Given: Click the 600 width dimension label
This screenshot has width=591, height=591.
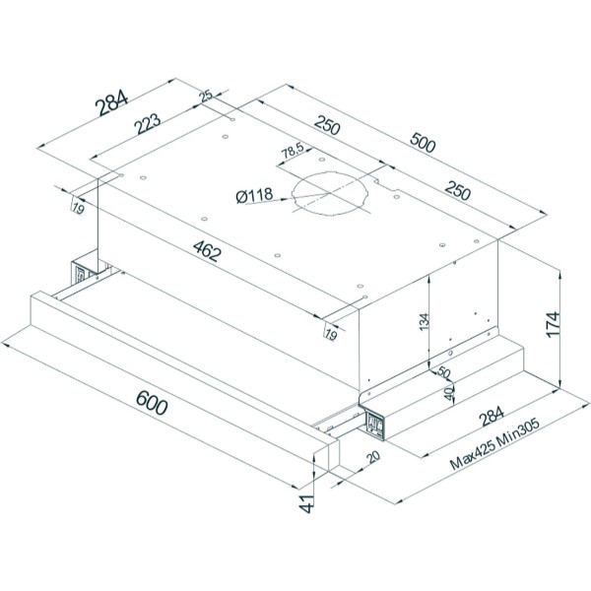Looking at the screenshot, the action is click(152, 403).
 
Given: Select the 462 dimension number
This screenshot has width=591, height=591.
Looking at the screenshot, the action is click(207, 250).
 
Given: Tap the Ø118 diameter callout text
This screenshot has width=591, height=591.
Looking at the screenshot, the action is click(254, 196).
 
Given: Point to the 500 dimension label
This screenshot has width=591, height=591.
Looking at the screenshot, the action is click(423, 142).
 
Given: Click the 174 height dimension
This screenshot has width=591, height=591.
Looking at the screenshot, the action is click(553, 324).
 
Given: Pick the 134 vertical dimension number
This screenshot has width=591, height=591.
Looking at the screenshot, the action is click(424, 322).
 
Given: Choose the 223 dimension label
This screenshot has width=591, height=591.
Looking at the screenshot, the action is click(148, 123).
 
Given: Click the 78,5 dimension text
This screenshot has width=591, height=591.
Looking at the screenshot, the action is click(293, 152).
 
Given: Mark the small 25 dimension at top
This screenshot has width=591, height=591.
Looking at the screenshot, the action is click(207, 96).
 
